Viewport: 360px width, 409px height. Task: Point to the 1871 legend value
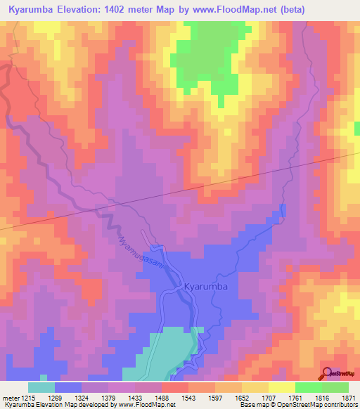pyautogui.click(x=348, y=397)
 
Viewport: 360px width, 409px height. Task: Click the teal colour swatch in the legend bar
pyautogui.click(x=41, y=387)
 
